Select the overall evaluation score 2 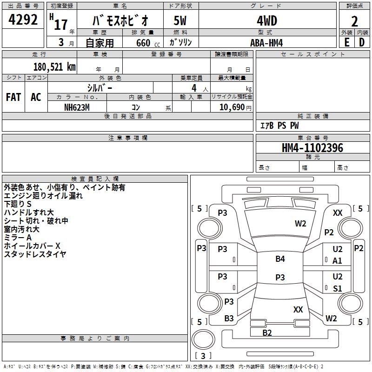click(x=354, y=21)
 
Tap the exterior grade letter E click(x=346, y=42)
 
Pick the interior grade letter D click(x=362, y=42)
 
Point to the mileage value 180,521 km click(x=54, y=67)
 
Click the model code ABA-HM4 click(x=266, y=43)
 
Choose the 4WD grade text click(x=266, y=21)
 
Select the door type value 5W click(x=180, y=21)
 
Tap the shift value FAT click(x=13, y=97)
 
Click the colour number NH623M click(x=77, y=107)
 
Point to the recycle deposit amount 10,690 click(x=232, y=107)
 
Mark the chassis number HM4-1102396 click(x=312, y=148)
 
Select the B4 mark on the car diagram click(x=280, y=259)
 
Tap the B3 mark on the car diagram click(x=229, y=319)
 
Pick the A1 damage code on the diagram click(x=338, y=261)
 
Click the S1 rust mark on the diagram click(x=338, y=289)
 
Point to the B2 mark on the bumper click(x=267, y=332)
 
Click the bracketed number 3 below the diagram click(x=203, y=356)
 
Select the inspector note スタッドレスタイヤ click(x=35, y=254)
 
